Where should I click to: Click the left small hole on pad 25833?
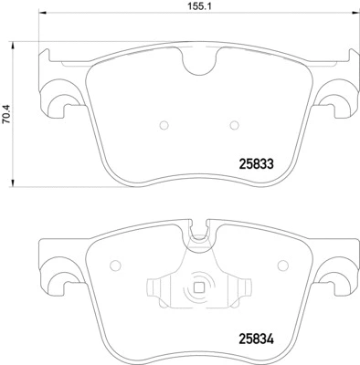coord(162,125)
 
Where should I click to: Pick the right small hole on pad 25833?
coord(235,125)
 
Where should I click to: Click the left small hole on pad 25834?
coord(114,266)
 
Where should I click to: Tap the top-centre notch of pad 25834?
coord(198,235)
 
